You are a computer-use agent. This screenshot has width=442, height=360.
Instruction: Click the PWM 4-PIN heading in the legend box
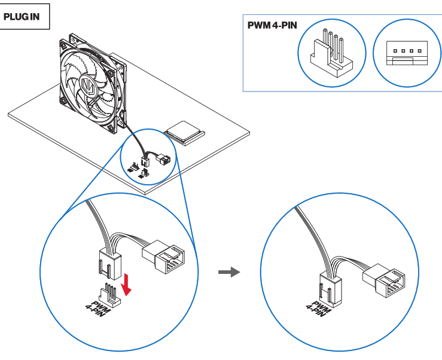(x=272, y=26)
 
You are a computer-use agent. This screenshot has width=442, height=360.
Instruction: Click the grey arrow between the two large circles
(x=228, y=272)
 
